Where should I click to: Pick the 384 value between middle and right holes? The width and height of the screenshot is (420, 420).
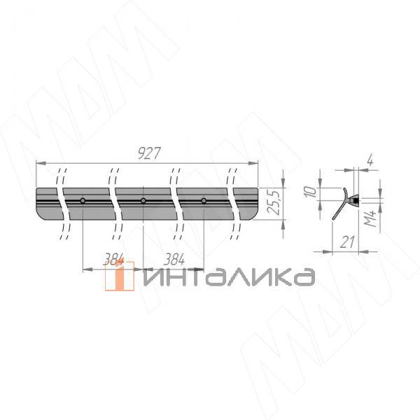coord(174,259)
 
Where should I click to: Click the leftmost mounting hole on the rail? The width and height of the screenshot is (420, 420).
coord(83,201)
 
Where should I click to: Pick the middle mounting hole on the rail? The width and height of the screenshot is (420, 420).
coord(143,201)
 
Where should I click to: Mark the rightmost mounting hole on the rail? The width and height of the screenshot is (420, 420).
coord(204,201)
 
